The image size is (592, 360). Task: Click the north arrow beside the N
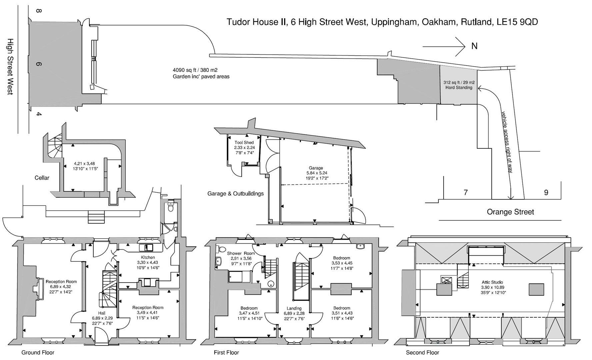coord(444,46)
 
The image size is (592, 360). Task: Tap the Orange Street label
coord(510,212)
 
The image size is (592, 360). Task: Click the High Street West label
coord(10,66)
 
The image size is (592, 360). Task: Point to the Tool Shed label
coord(244,142)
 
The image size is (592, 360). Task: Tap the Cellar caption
coord(42,178)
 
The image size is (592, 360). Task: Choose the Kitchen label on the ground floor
coord(148,257)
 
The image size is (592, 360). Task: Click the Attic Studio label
coord(492,282)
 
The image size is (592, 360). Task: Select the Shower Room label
coord(241,253)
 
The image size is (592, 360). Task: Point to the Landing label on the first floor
coord(294,308)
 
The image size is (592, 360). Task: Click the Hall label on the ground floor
coord(102,313)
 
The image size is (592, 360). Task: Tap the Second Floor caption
coord(422,353)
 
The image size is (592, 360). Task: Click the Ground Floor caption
coord(38,353)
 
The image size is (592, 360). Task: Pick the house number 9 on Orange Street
coord(546,192)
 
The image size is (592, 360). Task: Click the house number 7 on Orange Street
coord(466,192)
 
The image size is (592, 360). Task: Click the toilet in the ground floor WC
coord(171,208)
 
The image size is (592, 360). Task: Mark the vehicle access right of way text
coord(507,142)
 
